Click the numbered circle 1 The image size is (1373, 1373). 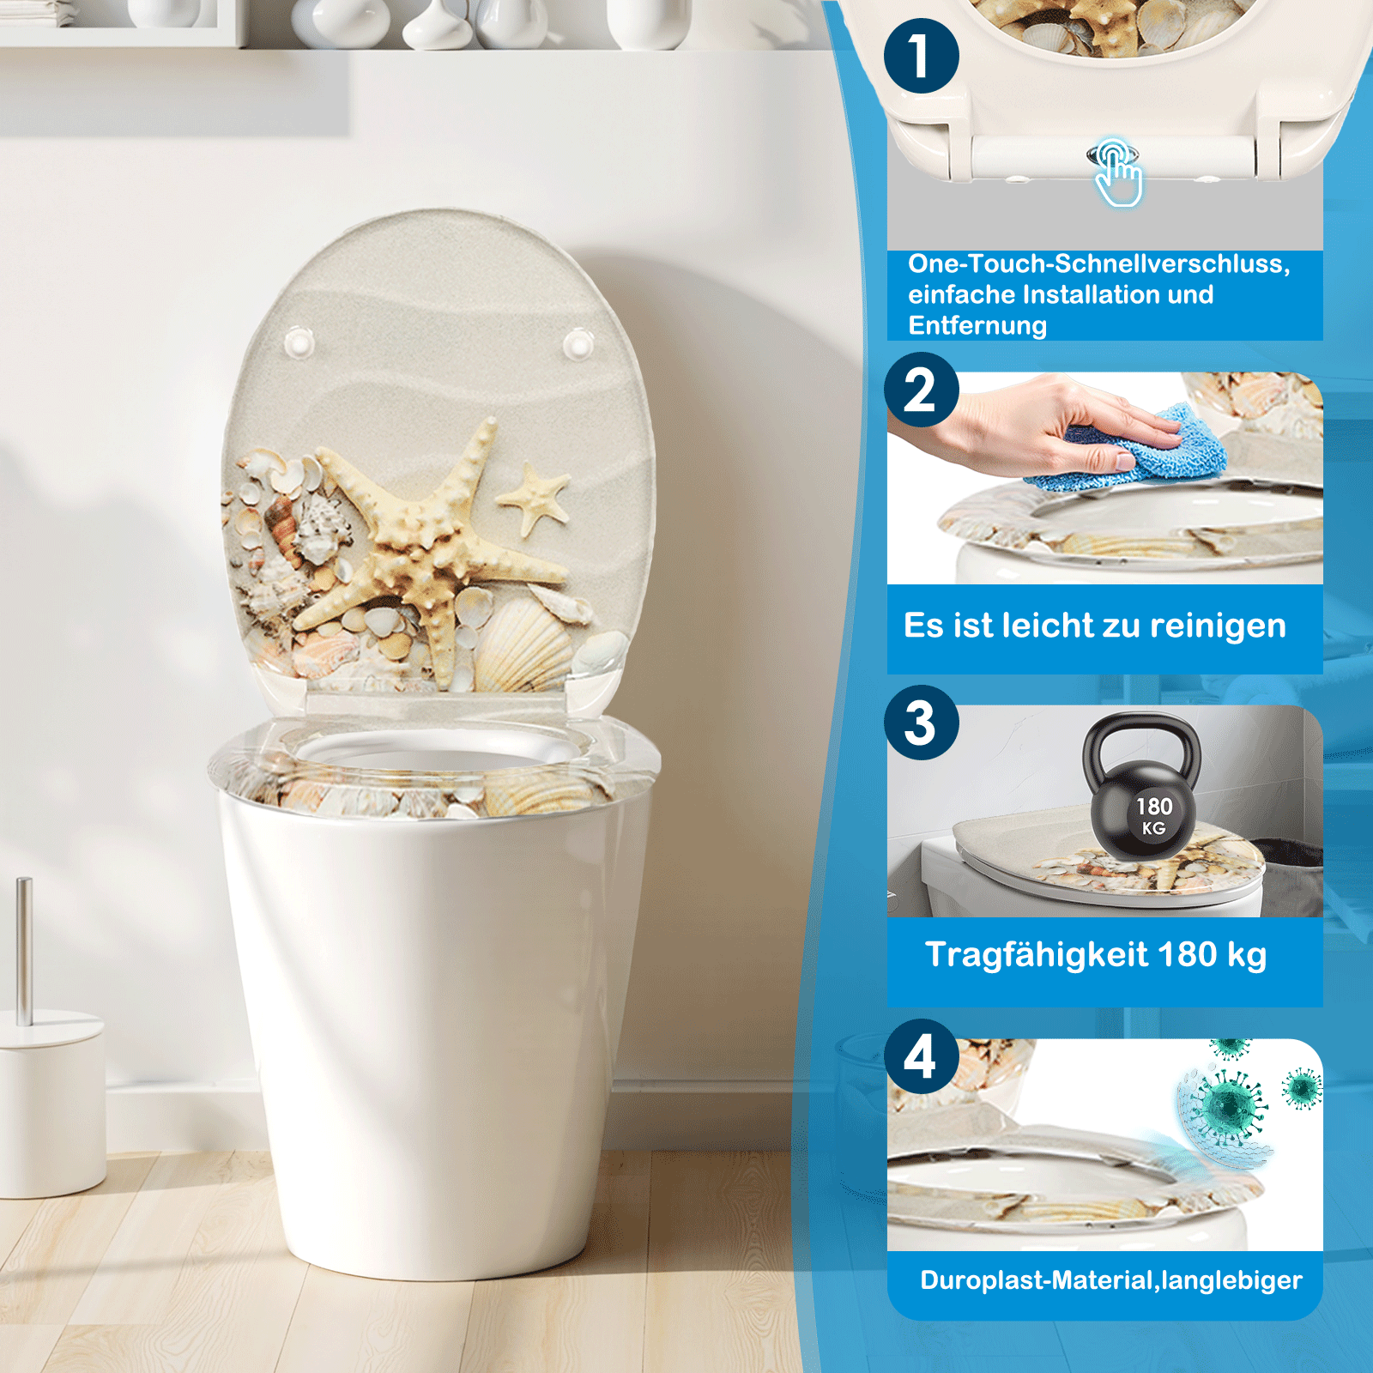pos(922,56)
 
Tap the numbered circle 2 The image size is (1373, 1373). pos(922,390)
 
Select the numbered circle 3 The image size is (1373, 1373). pos(922,723)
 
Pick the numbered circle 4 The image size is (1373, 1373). pos(922,1056)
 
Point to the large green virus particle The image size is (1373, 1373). pos(1227,1107)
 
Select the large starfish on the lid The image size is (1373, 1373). pos(434,549)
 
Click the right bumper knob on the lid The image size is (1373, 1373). pos(578,345)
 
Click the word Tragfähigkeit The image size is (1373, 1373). pos(1037,955)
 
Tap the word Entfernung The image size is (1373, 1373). pos(977,326)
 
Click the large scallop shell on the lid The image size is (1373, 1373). pos(521,644)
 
